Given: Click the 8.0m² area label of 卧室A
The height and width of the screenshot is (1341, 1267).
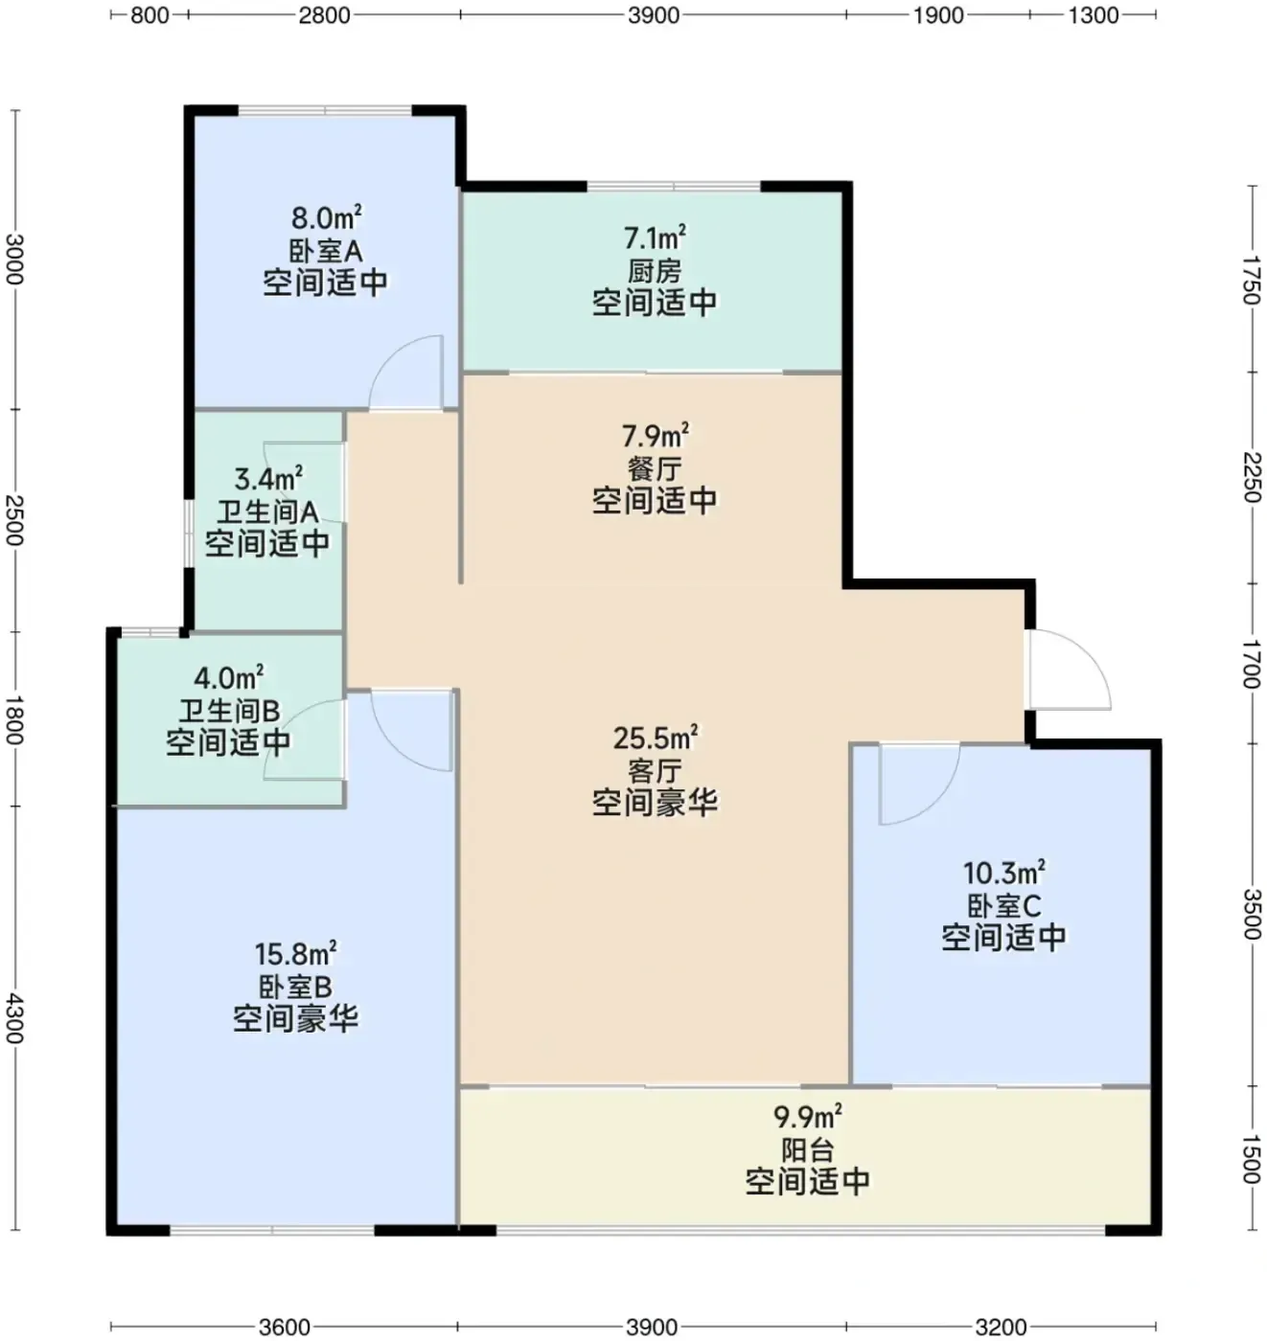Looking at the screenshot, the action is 327,218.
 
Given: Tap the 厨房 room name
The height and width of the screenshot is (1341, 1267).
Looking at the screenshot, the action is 655,271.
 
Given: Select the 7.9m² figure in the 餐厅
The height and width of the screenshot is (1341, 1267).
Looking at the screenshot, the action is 656,436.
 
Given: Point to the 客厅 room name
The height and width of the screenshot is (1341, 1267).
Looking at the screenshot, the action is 655,770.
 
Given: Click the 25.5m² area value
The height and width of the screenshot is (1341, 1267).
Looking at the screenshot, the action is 655,738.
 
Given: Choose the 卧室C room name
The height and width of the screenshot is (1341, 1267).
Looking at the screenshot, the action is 1003,905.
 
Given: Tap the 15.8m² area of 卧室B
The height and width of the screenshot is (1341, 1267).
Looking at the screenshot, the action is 295,954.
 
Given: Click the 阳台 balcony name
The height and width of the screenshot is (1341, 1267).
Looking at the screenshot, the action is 808,1149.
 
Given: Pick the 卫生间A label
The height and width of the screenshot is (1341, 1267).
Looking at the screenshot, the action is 267,512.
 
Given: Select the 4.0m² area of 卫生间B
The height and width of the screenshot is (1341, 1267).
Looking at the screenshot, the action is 228,676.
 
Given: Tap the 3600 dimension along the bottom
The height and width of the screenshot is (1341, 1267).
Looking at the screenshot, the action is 286,1327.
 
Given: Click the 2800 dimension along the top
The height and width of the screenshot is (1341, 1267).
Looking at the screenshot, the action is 324,15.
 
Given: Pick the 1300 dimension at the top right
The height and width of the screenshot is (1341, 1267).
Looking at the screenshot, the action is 1094,15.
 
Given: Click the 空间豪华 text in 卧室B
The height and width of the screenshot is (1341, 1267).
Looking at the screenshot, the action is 295,1018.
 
